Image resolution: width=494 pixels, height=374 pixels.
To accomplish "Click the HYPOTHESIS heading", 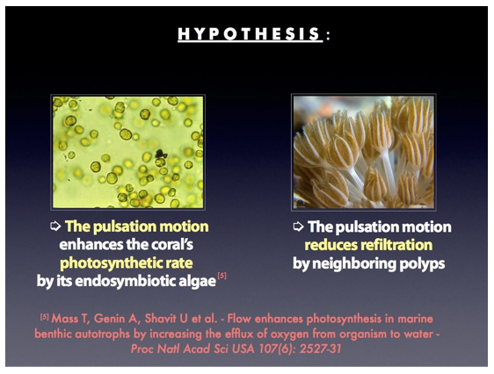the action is click(251, 34).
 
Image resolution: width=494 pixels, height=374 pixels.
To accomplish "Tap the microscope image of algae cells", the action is click(128, 152).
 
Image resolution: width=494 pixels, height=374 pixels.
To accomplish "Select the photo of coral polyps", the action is click(364, 152).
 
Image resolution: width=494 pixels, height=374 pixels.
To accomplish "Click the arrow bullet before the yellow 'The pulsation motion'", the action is click(55, 227).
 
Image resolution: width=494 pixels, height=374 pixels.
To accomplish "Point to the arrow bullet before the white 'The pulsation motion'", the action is click(298, 227).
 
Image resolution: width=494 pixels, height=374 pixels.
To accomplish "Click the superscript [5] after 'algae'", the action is click(222, 276).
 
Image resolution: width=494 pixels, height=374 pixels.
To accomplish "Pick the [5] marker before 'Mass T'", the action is click(45, 317).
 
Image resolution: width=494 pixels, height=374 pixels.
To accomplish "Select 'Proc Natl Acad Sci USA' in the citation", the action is click(193, 349).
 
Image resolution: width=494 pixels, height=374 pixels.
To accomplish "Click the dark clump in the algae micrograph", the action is click(161, 154).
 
